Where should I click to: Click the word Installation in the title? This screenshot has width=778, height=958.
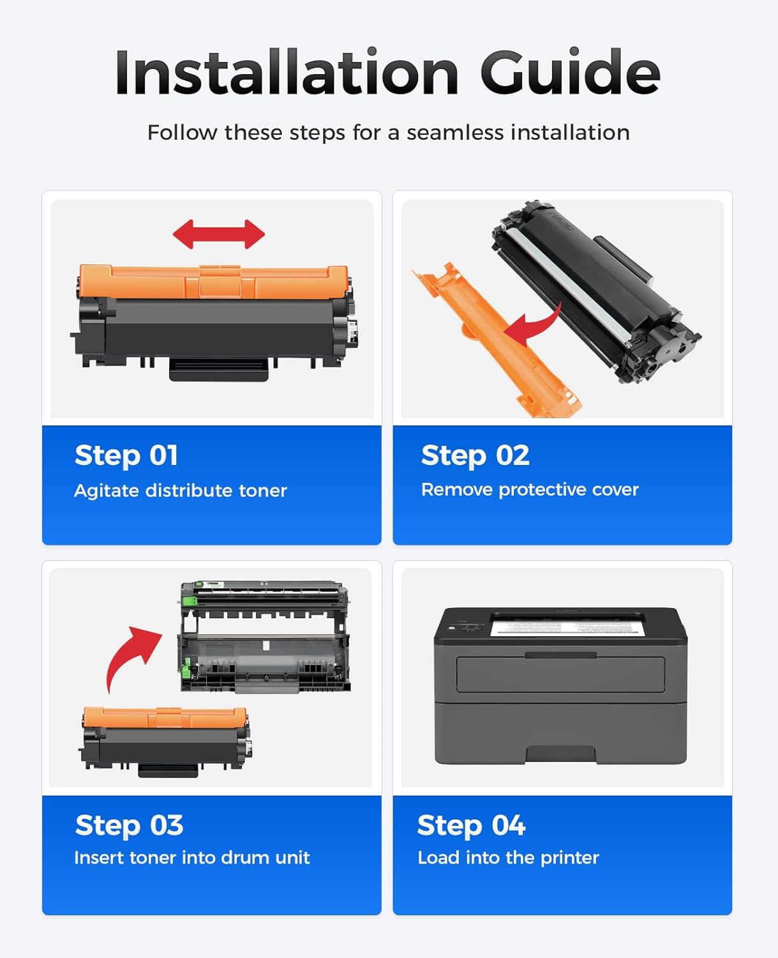[286, 73]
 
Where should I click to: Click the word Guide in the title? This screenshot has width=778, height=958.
[569, 73]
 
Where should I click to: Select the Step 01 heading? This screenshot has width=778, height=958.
[126, 455]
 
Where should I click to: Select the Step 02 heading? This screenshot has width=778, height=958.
[475, 455]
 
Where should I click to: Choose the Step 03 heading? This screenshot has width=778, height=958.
[129, 825]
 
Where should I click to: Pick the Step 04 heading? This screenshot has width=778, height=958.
[471, 825]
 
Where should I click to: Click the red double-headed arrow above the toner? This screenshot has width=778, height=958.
[219, 234]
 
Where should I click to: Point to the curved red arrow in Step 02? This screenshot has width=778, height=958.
[533, 326]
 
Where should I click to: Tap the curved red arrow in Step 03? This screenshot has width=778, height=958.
[131, 657]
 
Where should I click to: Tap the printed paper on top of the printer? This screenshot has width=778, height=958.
[567, 625]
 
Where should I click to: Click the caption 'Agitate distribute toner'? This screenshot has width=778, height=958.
[181, 490]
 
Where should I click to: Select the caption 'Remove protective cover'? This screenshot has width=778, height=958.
[530, 489]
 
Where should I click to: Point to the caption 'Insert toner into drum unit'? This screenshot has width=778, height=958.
[191, 857]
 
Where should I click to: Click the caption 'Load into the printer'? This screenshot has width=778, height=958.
[508, 857]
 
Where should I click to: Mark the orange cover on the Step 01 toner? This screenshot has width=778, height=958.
[214, 282]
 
